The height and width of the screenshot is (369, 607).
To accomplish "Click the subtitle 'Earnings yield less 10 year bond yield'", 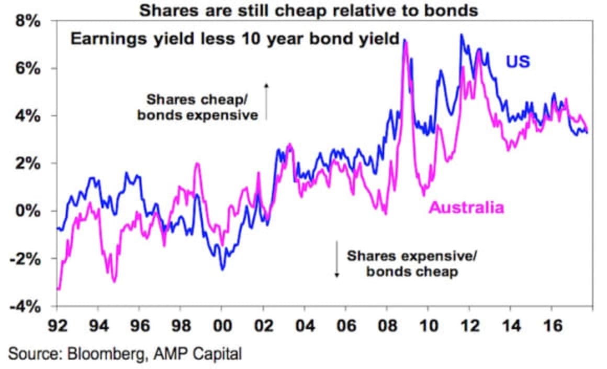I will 235,40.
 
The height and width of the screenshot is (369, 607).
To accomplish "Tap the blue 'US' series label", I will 518,62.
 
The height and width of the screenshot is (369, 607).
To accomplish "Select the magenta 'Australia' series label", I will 466,208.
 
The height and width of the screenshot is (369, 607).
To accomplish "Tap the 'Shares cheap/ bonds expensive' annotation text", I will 198,107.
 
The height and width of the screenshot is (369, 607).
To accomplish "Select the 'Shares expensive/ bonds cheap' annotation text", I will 412,264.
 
